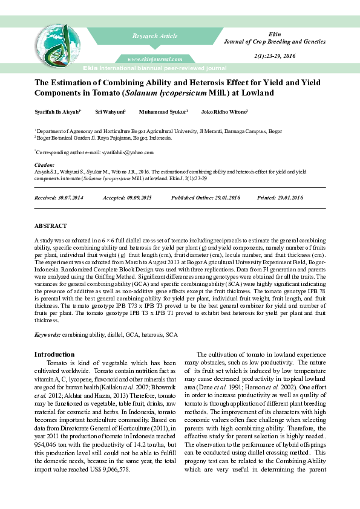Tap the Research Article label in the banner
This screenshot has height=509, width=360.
click(x=155, y=36)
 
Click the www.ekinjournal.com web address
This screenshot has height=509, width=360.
click(x=155, y=59)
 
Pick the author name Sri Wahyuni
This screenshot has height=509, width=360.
click(x=110, y=112)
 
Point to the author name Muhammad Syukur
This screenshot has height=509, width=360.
click(x=163, y=112)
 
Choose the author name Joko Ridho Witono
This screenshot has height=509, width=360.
click(x=224, y=112)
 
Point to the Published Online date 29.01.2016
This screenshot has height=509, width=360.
click(x=225, y=198)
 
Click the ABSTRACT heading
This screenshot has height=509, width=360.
click(x=50, y=225)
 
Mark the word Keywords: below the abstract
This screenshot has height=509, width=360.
click(x=47, y=334)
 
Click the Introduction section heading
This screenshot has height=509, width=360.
click(x=54, y=354)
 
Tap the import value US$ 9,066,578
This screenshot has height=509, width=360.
click(x=109, y=435)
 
